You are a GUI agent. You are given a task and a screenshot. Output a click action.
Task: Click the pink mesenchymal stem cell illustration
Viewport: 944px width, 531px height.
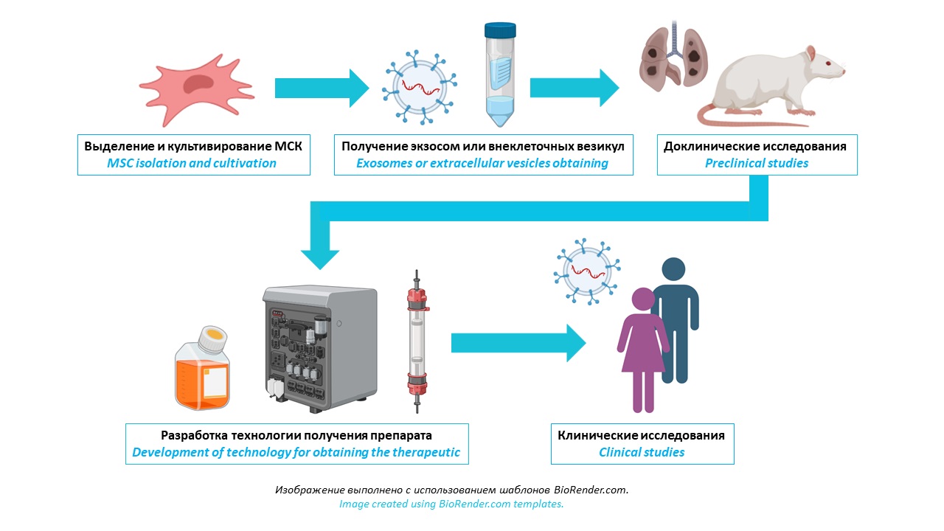pyautogui.click(x=193, y=87)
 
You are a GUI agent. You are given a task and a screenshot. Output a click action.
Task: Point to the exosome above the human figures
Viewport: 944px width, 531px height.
pyautogui.click(x=587, y=271)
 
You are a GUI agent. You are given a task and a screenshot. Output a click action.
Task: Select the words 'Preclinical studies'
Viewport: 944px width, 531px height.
pyautogui.click(x=757, y=163)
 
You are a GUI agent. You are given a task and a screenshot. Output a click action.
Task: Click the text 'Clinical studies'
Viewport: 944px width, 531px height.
pyautogui.click(x=642, y=452)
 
